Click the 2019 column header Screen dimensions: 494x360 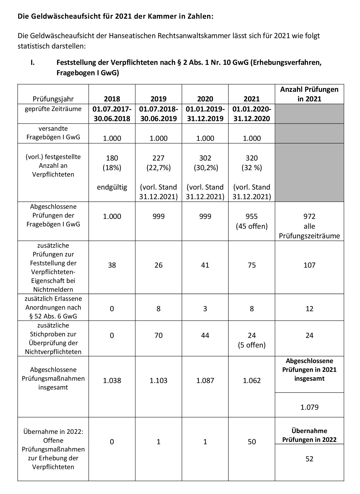click(158, 99)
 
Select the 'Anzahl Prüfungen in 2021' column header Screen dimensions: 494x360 click(309, 94)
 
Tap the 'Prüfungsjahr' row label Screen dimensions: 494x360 click(53, 99)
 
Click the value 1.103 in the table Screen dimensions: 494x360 click(158, 380)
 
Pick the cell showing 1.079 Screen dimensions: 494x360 click(309, 407)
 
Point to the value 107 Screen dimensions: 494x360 click(309, 265)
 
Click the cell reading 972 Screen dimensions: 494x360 click(309, 216)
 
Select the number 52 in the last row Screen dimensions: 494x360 click(309, 459)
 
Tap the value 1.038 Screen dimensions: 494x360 click(112, 380)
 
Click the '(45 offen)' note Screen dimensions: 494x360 click(252, 226)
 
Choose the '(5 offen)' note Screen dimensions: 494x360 click(252, 345)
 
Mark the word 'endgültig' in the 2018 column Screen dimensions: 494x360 click(112, 187)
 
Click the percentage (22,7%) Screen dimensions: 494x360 click(158, 168)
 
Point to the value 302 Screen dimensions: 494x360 click(205, 158)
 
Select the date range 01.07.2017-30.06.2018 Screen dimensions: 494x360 click(112, 114)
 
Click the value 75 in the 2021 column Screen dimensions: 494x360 click(252, 265)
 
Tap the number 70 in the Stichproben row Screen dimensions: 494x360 click(158, 335)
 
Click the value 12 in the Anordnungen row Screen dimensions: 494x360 click(309, 309)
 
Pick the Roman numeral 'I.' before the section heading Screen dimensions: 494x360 click(33, 63)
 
